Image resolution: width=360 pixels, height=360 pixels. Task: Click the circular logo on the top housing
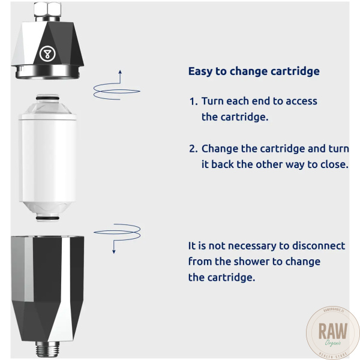47,54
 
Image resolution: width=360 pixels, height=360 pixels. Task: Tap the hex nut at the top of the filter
47,10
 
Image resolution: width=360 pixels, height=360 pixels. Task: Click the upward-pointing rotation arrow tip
120,70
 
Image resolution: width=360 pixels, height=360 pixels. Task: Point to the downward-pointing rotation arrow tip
113,253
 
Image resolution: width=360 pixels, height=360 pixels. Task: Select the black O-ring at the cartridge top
47,98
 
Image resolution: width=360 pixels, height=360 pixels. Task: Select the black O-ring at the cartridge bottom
47,218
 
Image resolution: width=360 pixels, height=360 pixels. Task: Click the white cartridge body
47,158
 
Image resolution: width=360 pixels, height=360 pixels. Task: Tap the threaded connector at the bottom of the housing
47,349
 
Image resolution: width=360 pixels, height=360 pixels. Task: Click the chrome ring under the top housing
47,73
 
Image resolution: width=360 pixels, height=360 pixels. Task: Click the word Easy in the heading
200,71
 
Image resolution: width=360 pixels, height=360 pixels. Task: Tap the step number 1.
193,101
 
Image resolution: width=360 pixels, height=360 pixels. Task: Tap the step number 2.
193,149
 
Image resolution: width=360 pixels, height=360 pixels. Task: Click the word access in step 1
301,101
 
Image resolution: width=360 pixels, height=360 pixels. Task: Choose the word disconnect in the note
319,246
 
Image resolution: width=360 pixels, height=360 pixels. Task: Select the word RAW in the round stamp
332,331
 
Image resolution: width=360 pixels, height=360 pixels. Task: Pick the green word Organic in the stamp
332,343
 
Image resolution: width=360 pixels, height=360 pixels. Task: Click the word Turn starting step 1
212,101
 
